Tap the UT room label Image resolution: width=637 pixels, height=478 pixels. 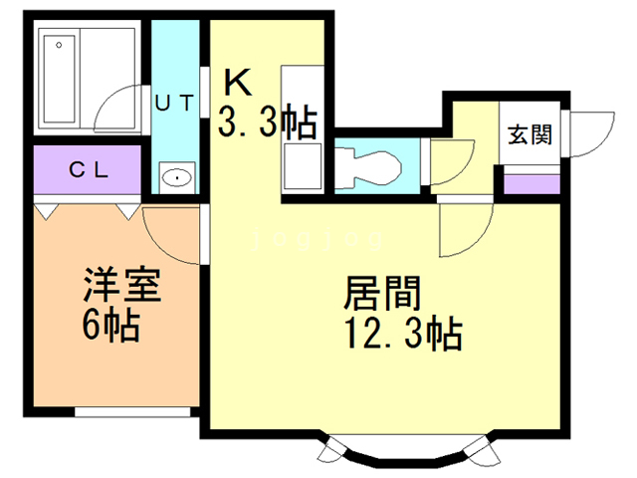[x=175, y=101]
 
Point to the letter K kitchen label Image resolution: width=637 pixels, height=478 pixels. [x=237, y=80]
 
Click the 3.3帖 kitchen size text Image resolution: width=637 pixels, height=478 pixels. [x=267, y=122]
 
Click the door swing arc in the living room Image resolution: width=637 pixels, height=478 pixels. [x=463, y=229]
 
